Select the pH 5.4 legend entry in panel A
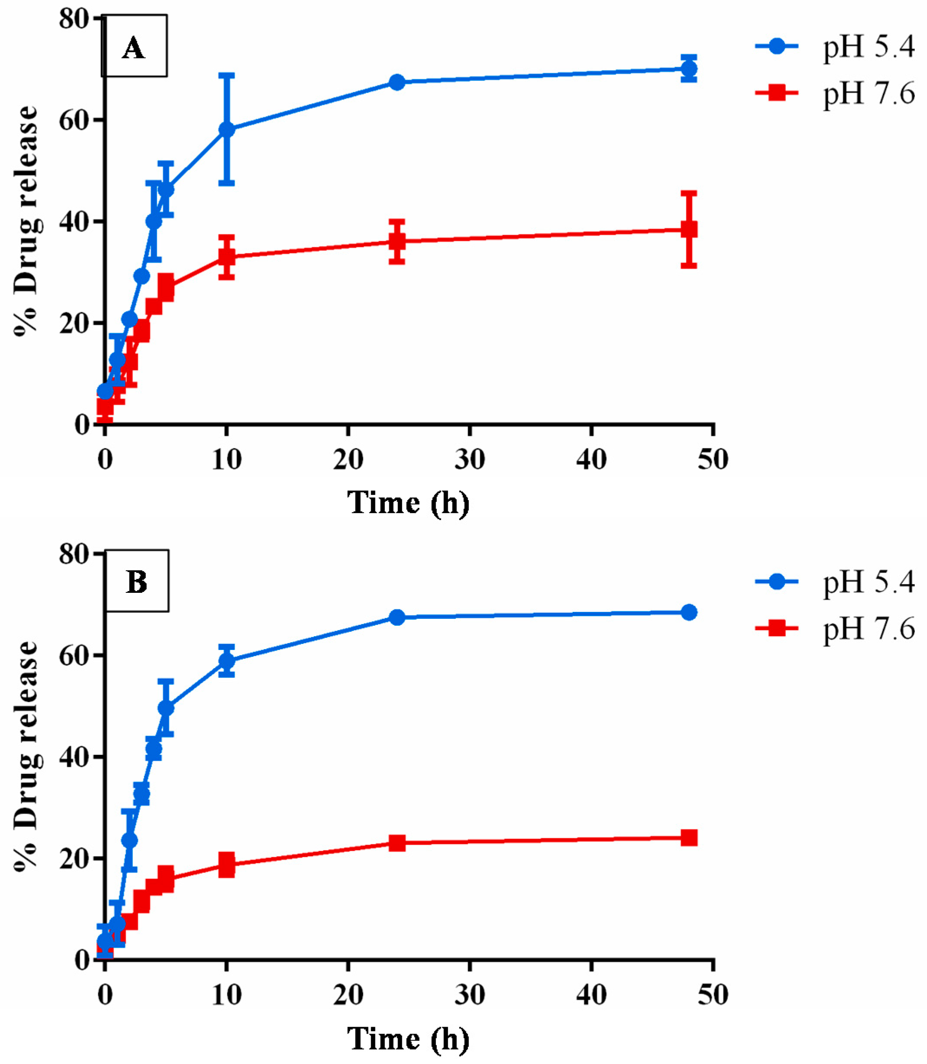(834, 47)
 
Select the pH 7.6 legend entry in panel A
(834, 94)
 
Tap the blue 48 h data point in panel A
(688, 68)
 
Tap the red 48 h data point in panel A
(688, 229)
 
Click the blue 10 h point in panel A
(226, 129)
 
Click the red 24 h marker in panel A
(397, 241)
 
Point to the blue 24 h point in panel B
(397, 617)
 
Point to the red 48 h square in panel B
(688, 838)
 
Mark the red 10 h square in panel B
(226, 864)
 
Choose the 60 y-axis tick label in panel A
(74, 120)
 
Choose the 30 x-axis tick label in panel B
(469, 994)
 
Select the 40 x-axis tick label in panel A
(591, 459)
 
